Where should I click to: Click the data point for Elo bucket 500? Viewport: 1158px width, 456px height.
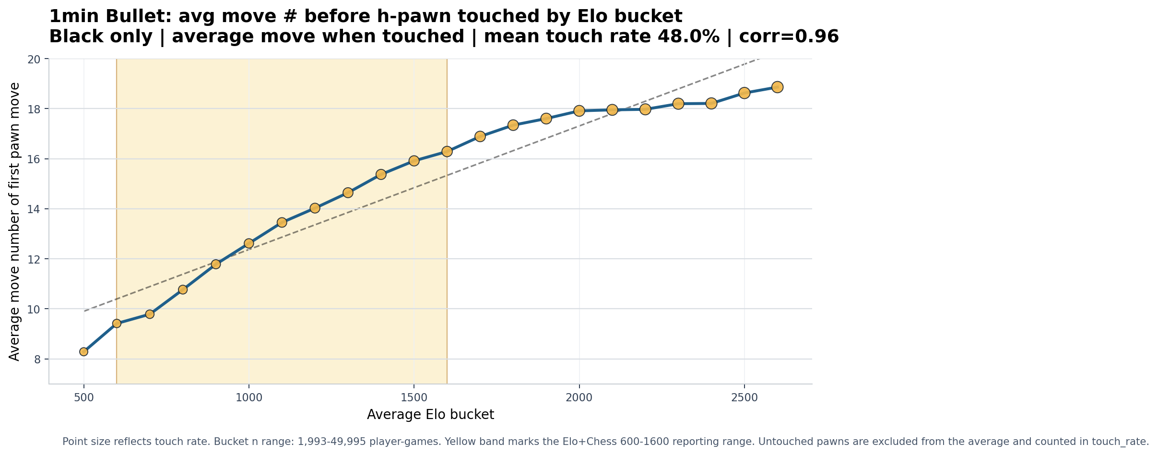(84, 352)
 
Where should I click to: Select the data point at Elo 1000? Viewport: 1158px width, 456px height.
(249, 243)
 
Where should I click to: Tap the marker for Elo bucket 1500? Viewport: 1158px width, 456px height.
(414, 161)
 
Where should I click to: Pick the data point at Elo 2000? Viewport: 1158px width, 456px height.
(579, 111)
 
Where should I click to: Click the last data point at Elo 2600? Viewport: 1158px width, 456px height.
(778, 87)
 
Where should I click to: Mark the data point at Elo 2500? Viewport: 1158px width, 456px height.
(744, 93)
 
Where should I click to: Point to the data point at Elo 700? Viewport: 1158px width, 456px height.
(150, 314)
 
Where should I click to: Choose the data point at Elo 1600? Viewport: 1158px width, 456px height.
(447, 151)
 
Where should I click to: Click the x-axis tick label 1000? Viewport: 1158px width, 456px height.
(249, 398)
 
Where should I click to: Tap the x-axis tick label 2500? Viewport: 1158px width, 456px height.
(744, 398)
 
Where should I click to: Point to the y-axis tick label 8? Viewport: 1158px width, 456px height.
(38, 359)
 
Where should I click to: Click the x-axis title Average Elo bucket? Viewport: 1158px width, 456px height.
(430, 415)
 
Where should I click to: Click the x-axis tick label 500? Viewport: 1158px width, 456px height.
(84, 398)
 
